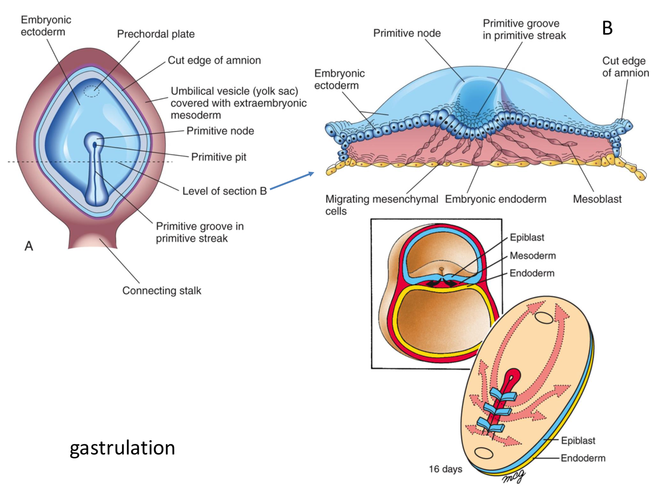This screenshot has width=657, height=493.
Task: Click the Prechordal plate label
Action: (155, 34)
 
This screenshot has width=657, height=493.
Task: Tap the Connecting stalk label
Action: (162, 291)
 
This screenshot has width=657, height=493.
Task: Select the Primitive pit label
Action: (219, 157)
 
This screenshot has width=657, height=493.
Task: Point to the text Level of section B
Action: (224, 191)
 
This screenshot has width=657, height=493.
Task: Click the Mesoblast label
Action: (597, 199)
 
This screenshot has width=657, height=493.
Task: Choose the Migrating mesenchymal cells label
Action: (381, 205)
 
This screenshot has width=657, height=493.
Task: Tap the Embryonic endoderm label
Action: (495, 199)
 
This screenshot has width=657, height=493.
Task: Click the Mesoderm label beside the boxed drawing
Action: (533, 255)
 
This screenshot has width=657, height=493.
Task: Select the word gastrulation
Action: (123, 448)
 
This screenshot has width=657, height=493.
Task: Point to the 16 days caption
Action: (445, 469)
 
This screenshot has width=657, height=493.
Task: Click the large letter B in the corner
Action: (607, 28)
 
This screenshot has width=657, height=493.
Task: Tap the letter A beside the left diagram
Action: (29, 246)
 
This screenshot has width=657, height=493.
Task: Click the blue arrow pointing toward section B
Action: (292, 181)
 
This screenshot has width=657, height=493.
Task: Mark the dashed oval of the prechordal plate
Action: (92, 91)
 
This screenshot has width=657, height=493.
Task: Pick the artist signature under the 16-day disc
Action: (513, 477)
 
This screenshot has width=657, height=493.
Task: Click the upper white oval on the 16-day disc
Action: (544, 317)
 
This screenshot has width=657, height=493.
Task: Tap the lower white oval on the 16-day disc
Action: (484, 453)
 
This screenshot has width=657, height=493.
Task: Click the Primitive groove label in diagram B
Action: (524, 29)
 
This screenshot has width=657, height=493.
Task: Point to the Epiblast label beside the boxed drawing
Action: (527, 238)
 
